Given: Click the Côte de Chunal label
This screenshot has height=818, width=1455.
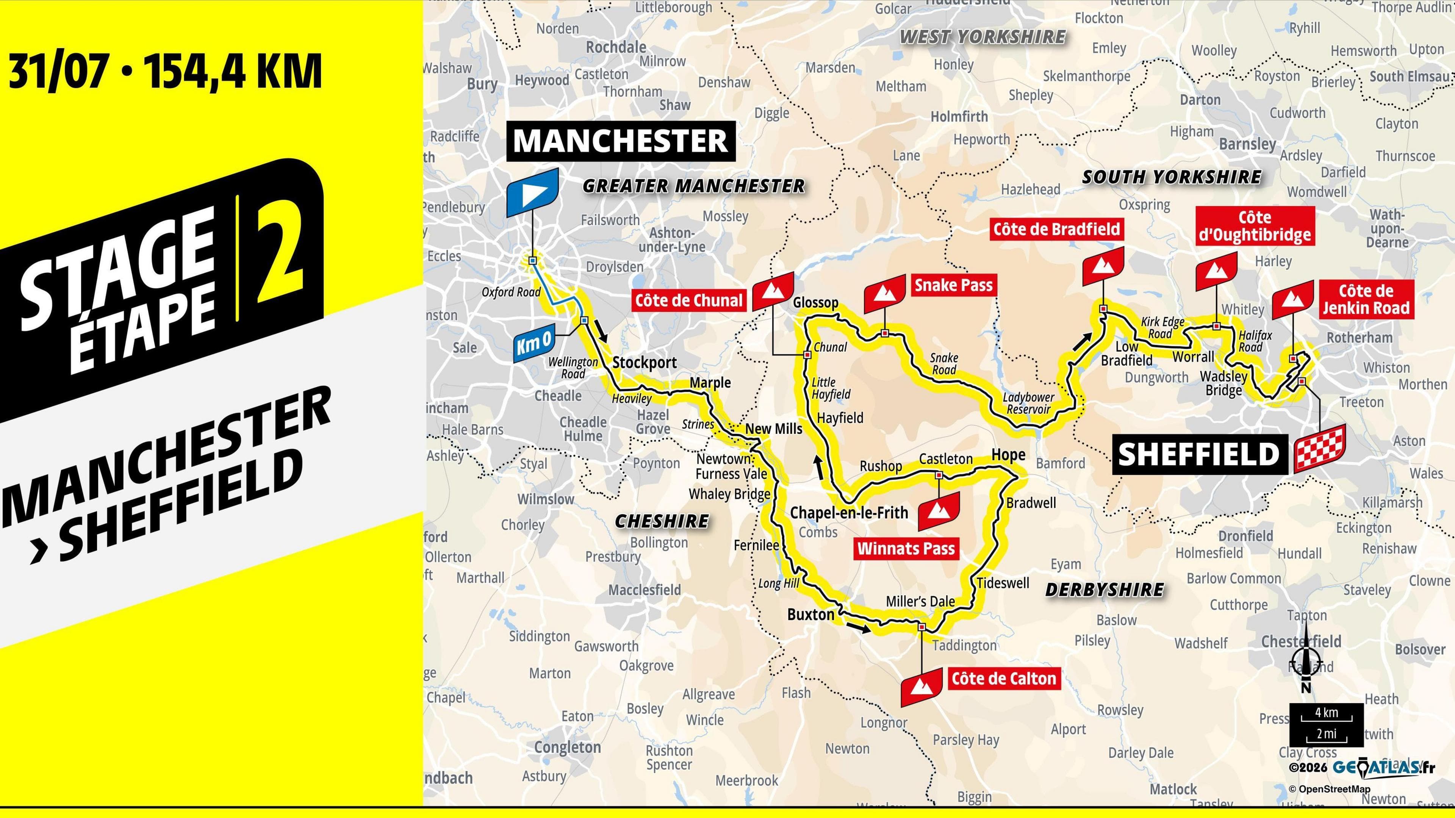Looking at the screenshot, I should (x=688, y=300).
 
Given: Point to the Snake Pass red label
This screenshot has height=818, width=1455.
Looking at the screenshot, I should (x=953, y=285).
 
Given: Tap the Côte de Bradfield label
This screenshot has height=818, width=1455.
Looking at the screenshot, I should (x=1056, y=229).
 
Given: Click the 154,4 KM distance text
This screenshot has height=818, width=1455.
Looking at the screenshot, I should (x=233, y=72).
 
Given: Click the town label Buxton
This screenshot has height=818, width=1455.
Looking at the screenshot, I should (x=810, y=615).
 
